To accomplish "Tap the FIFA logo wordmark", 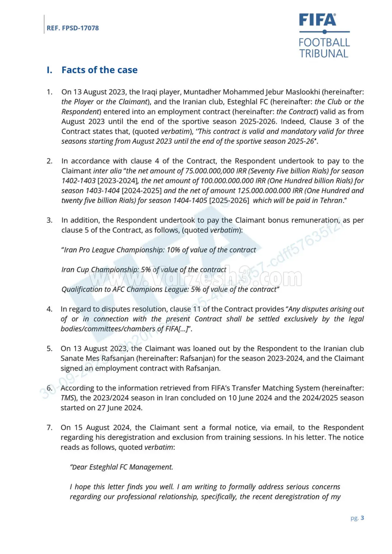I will [317, 20].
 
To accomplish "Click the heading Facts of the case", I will [99, 70].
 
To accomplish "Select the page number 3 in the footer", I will [362, 518].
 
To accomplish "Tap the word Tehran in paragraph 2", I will [331, 200].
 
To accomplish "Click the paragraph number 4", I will [49, 309].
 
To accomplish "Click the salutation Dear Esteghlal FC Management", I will [121, 467].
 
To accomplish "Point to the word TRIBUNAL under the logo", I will [323, 54].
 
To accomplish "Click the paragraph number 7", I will [49, 428].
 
